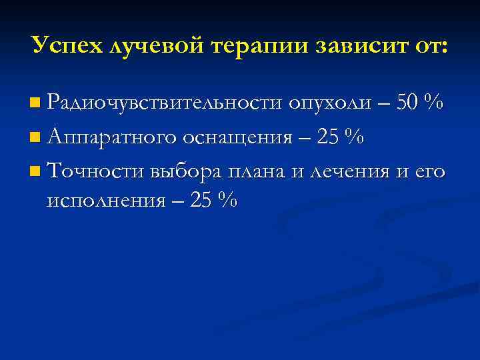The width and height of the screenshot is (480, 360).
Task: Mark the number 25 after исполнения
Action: pos(203,200)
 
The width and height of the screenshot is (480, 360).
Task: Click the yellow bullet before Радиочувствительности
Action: pos(35,104)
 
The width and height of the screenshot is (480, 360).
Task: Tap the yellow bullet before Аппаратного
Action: pos(35,138)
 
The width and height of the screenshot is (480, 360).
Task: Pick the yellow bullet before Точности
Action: pos(35,172)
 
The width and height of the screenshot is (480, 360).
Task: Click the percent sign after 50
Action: pos(435,103)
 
